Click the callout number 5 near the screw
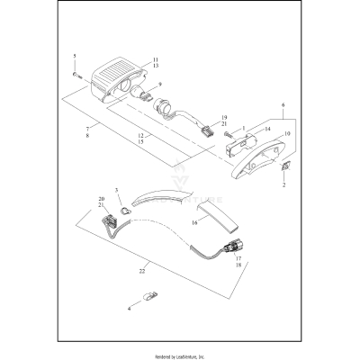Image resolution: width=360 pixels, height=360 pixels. [x=74, y=57]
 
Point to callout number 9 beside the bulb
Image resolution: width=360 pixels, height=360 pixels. [x=159, y=86]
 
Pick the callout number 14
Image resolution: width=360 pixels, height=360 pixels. [x=242, y=130]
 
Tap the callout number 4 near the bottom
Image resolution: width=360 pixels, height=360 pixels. [x=129, y=309]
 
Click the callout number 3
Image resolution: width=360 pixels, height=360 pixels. [x=116, y=191]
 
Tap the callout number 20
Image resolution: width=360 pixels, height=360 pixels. [x=102, y=198]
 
